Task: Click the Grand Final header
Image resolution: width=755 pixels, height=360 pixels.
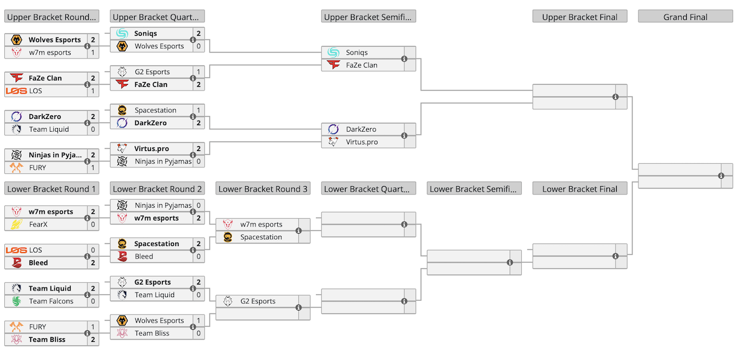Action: click(685, 17)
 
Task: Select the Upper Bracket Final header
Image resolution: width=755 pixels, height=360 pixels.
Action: click(580, 17)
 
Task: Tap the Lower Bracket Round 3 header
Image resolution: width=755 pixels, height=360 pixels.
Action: click(263, 189)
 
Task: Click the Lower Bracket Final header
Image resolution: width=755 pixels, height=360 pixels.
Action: click(580, 189)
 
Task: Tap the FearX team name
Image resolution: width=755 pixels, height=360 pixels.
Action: click(38, 224)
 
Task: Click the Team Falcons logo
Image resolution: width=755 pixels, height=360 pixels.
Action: click(16, 301)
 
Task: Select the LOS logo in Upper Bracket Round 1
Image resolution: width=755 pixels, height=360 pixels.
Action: click(16, 91)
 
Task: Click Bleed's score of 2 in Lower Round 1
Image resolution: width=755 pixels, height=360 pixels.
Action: click(93, 263)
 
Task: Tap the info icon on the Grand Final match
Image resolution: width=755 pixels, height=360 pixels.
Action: click(721, 176)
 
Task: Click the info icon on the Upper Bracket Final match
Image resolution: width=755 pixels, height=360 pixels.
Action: click(615, 97)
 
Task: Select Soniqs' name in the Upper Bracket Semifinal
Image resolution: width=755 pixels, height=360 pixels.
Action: click(356, 52)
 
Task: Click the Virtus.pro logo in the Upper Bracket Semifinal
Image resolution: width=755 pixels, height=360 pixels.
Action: click(333, 141)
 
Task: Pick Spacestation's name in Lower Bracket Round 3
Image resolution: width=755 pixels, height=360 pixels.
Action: click(261, 237)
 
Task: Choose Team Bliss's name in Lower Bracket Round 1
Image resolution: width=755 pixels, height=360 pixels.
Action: click(47, 339)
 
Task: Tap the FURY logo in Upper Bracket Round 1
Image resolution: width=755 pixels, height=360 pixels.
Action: click(16, 167)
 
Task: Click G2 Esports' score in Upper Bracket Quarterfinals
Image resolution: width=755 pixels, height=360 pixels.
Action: click(199, 72)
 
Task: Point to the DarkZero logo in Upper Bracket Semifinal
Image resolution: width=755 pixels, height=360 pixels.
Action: click(333, 129)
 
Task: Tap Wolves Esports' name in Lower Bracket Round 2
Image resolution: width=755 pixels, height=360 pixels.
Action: click(159, 320)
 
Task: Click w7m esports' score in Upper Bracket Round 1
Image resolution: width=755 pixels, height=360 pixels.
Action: click(93, 52)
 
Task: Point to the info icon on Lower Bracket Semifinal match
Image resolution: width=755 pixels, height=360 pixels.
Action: click(510, 262)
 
